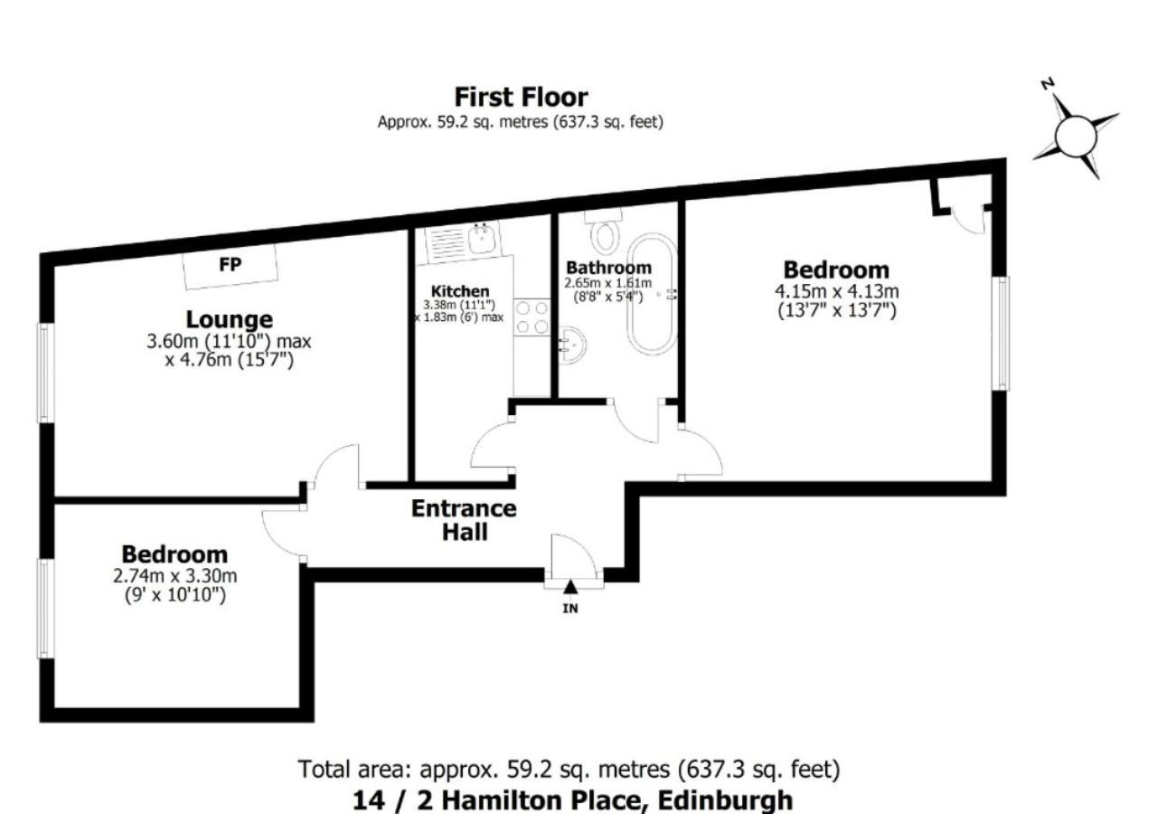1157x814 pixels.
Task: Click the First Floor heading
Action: [521, 97]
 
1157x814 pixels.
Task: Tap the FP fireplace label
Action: [230, 265]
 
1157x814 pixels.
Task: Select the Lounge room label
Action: [230, 319]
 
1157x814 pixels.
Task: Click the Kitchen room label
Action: [460, 291]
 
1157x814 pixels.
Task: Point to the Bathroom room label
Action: [609, 268]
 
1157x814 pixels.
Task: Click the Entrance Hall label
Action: [465, 520]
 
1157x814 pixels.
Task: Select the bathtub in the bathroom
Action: [652, 294]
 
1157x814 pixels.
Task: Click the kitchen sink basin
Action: [483, 238]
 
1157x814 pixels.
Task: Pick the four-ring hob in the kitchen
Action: [532, 317]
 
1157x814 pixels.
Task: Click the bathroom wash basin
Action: [571, 345]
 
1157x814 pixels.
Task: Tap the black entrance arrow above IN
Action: [570, 587]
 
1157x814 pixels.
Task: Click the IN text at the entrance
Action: [570, 609]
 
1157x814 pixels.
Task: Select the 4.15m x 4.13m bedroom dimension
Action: [837, 291]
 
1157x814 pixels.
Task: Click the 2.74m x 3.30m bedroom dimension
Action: [175, 576]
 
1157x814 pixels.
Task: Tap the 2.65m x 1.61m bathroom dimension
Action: [608, 283]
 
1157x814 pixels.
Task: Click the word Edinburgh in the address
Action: [725, 800]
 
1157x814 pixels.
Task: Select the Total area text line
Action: [569, 769]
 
